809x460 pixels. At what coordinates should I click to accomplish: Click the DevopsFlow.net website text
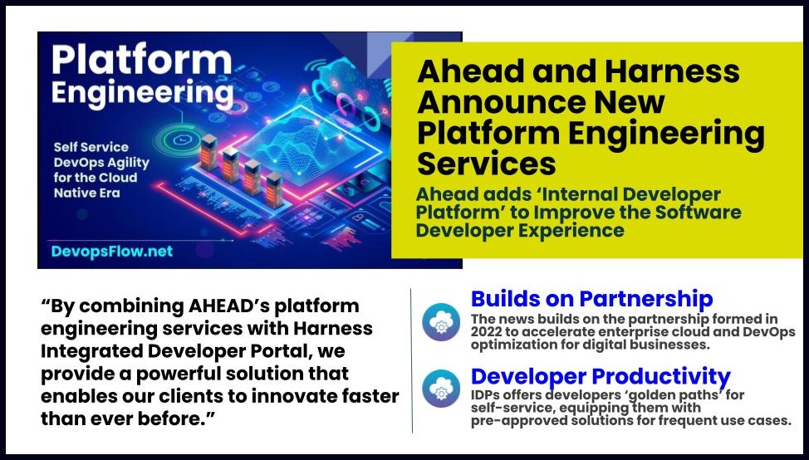tap(112, 252)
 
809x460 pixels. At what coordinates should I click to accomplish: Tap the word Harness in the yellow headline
tap(672, 71)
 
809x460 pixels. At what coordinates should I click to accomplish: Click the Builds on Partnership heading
tap(591, 299)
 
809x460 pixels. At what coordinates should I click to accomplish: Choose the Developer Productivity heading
tap(601, 377)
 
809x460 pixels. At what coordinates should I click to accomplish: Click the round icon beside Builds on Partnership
tap(441, 321)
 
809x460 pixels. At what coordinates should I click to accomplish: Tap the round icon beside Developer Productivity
tap(441, 389)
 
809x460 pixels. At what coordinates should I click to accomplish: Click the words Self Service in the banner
tap(91, 147)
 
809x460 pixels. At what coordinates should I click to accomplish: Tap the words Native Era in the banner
tap(86, 193)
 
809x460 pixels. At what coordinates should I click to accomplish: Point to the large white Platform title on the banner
tap(141, 61)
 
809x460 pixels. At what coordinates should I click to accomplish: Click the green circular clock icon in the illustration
tap(180, 139)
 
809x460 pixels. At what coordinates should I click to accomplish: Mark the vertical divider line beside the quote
tap(412, 360)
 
